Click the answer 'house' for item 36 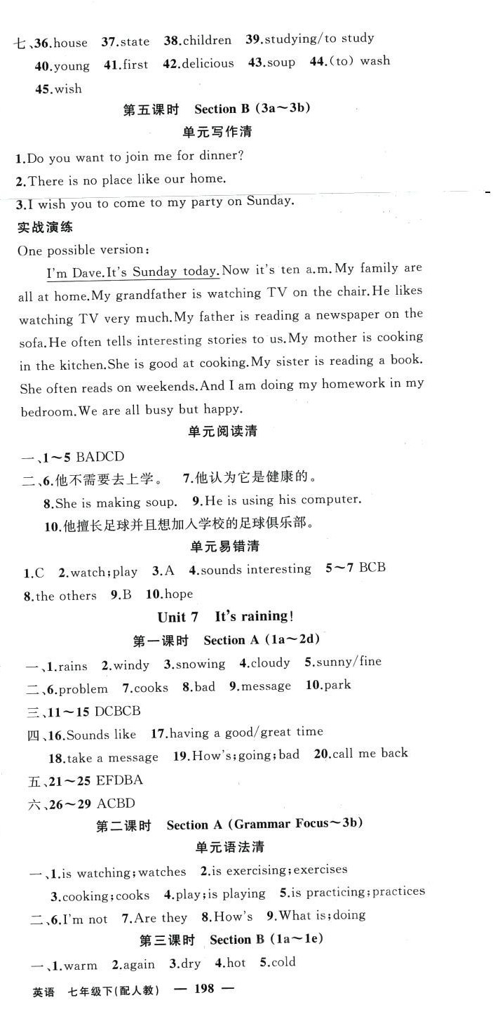71,43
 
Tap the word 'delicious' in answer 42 208,64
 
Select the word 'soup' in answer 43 281,62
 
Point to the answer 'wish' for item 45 68,89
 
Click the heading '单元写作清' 217,132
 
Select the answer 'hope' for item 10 178,594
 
